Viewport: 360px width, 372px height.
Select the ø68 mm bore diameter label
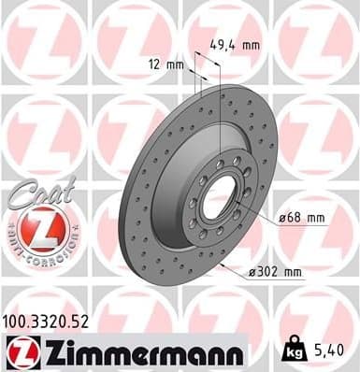[x=302, y=219]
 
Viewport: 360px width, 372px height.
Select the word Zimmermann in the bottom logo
[x=141, y=351]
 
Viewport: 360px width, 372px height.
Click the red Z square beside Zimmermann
[x=20, y=351]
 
